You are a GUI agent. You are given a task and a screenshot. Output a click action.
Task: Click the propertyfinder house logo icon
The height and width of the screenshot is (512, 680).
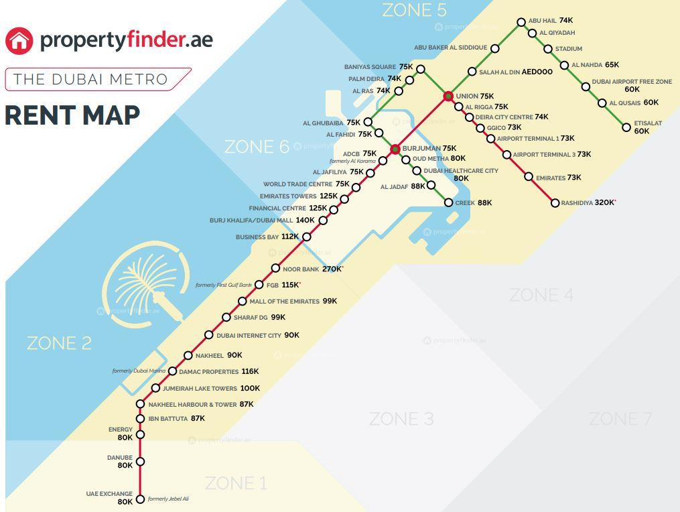(x=19, y=40)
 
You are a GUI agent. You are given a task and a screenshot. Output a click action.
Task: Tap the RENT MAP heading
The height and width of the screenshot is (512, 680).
(x=72, y=115)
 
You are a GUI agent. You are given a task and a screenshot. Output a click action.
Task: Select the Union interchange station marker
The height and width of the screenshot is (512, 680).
(x=448, y=97)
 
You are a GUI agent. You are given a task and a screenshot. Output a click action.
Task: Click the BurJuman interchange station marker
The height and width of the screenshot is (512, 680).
(x=395, y=149)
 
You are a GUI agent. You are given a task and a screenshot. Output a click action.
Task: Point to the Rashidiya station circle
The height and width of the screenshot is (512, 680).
(x=555, y=203)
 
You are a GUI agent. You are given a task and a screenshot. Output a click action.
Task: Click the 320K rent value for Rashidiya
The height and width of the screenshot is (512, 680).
(x=604, y=202)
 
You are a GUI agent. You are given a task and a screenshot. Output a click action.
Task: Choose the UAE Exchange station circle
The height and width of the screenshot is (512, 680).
(x=140, y=499)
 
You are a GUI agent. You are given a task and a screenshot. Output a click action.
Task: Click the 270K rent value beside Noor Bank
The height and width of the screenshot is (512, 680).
(x=332, y=269)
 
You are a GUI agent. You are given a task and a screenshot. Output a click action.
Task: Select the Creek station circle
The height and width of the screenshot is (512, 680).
(x=448, y=202)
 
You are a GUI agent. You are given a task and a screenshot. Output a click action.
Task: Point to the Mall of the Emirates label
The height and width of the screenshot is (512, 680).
(x=284, y=302)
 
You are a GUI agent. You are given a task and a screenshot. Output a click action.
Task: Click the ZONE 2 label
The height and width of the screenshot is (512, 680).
(x=59, y=343)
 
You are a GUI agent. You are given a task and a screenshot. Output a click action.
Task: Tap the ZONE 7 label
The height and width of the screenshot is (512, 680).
(x=620, y=420)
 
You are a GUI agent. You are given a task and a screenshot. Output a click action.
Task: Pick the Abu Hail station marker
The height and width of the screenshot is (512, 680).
(x=521, y=22)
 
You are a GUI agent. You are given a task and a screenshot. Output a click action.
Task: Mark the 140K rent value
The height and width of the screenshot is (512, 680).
(x=305, y=220)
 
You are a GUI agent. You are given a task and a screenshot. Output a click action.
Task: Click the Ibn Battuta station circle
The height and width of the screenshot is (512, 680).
(x=140, y=419)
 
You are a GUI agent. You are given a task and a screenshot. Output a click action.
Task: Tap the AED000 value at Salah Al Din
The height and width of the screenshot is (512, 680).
(x=537, y=72)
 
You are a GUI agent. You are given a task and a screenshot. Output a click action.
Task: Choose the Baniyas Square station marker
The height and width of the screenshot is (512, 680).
(x=420, y=69)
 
